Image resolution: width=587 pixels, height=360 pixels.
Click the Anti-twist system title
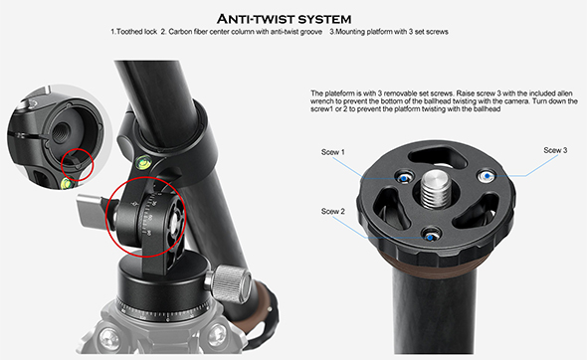coord(285,19)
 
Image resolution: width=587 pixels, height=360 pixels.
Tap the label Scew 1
coord(333,152)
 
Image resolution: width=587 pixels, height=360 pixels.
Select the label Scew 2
coord(333,212)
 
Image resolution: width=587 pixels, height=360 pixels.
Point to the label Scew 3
coord(555,150)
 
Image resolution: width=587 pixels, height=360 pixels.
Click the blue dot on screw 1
coord(404,179)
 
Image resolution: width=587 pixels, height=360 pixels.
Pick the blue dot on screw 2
coord(430,238)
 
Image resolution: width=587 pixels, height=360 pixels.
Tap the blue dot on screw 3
coord(488,175)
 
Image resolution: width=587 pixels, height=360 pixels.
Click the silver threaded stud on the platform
coord(436,188)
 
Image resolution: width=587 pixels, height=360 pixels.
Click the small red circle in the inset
coord(78,165)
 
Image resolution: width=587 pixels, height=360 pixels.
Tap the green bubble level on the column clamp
coord(143,162)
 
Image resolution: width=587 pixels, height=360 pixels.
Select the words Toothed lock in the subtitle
coord(136,32)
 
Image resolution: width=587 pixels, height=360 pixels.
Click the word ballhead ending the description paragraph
coord(488,109)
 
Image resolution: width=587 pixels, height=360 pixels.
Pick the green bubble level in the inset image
coord(67,183)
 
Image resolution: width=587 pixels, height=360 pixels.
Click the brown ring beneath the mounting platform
coord(435,260)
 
